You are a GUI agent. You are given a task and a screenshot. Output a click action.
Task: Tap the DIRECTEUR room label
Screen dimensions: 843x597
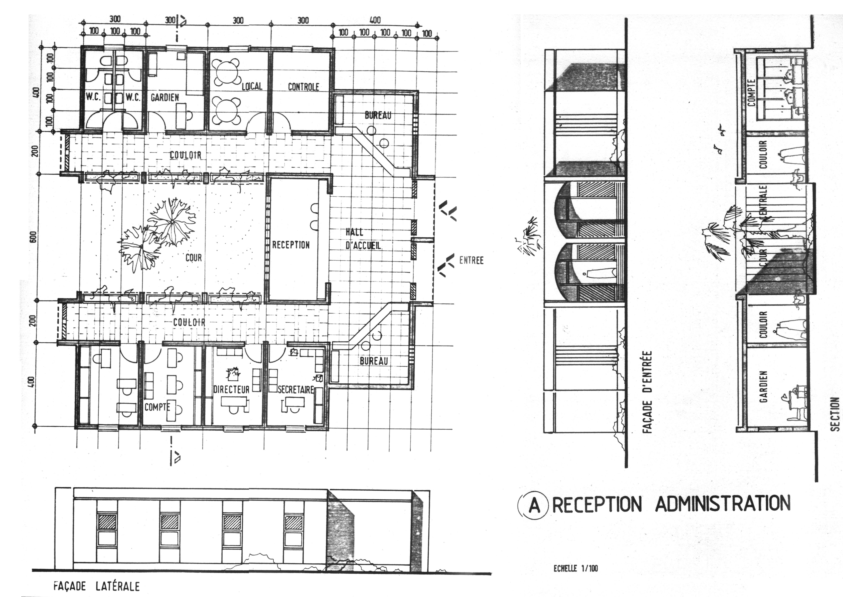point(231,389)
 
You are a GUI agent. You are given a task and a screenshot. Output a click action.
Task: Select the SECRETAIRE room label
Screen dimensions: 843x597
point(296,389)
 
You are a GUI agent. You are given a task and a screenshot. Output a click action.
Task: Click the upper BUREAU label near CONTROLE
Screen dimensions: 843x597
point(378,115)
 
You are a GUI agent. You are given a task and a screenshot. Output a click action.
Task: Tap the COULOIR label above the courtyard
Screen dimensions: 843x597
point(186,155)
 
